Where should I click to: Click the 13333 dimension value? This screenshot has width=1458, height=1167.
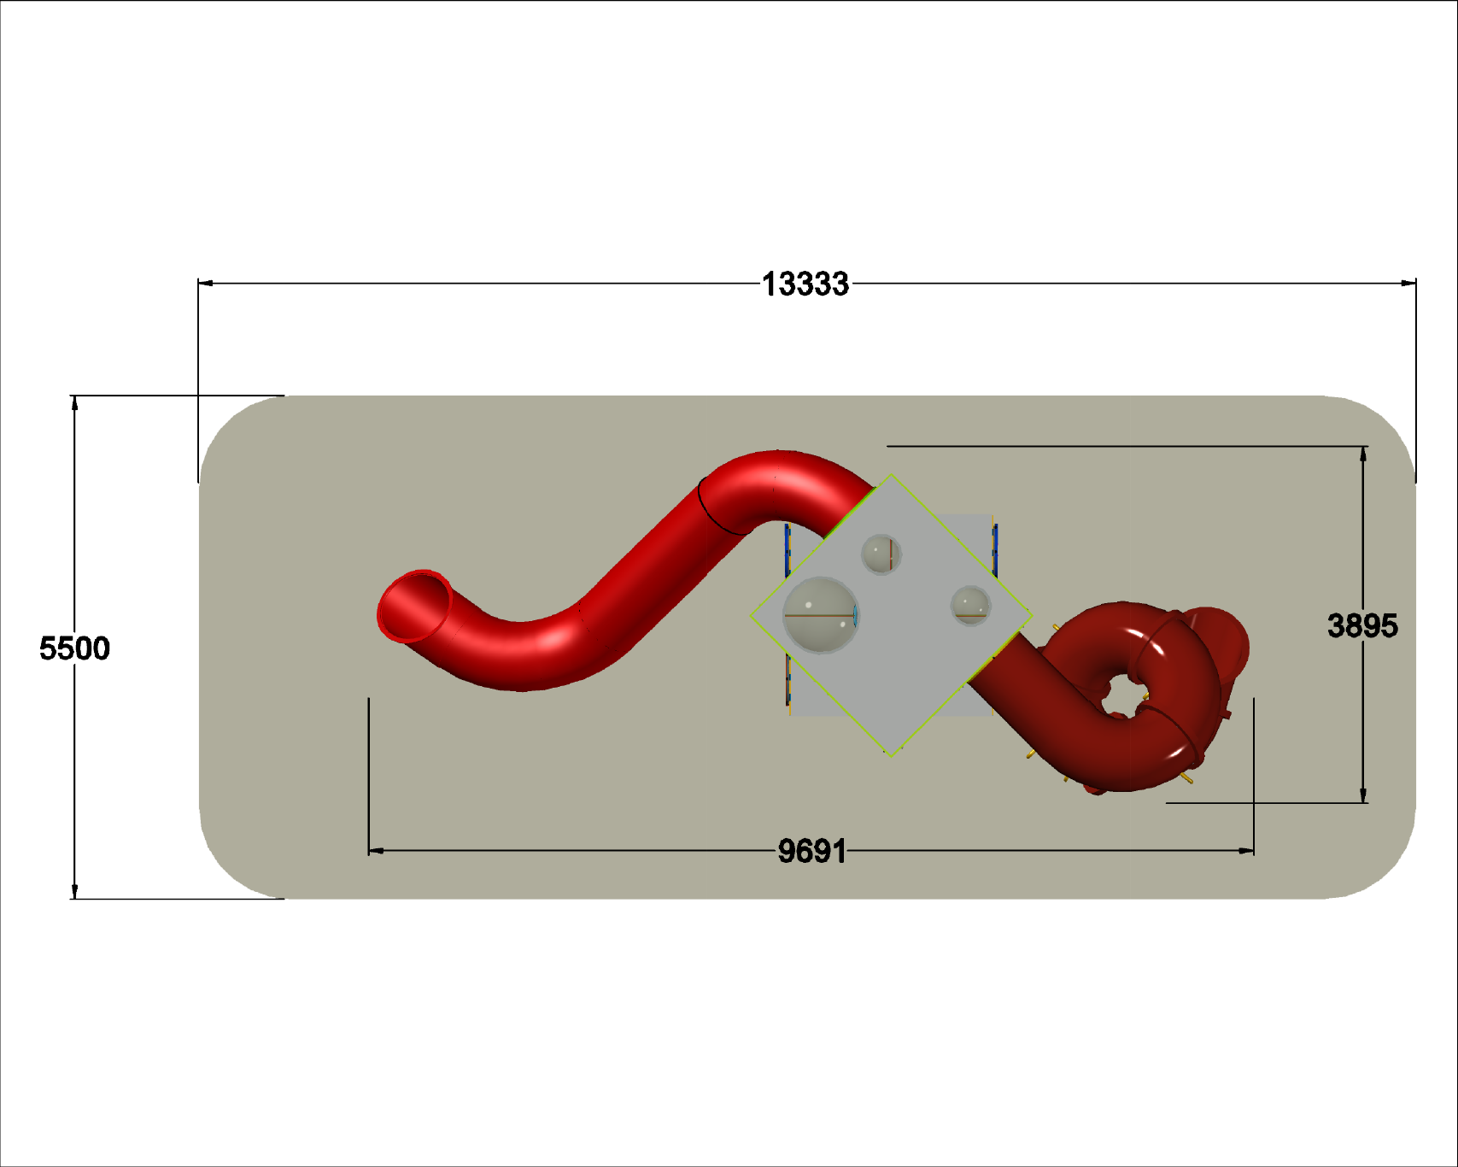805,284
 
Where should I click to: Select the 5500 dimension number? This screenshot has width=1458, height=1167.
74,648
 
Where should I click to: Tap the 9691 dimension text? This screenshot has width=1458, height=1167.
812,851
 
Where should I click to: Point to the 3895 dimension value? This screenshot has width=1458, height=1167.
1362,626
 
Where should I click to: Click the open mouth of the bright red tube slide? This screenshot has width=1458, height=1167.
415,606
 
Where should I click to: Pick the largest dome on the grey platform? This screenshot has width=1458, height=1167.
821,615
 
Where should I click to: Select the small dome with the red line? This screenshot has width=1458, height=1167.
881,554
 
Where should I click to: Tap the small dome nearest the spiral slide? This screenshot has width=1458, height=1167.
970,606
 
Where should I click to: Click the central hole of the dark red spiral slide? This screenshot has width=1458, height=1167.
1121,695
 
